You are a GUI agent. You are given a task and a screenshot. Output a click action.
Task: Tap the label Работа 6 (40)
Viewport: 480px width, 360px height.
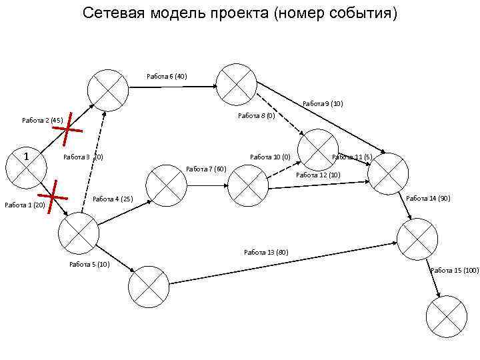pyautogui.click(x=167, y=76)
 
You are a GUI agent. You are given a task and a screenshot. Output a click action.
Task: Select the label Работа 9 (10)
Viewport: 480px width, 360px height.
pyautogui.click(x=323, y=103)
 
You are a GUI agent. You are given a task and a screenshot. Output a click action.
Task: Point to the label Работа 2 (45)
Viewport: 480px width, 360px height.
pyautogui.click(x=43, y=121)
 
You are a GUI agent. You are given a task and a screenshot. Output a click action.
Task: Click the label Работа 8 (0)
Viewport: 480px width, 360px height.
pyautogui.click(x=257, y=116)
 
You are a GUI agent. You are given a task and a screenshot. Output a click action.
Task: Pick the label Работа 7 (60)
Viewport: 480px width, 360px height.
pyautogui.click(x=207, y=169)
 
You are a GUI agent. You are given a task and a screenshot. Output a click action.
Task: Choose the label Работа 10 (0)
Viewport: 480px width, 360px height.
pyautogui.click(x=270, y=157)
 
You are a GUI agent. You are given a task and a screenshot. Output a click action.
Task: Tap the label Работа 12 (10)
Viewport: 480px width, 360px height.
pyautogui.click(x=318, y=175)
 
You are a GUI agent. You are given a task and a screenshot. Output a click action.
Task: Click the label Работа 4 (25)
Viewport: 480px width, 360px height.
pyautogui.click(x=113, y=199)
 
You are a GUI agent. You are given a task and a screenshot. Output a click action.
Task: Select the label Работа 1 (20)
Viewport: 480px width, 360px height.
pyautogui.click(x=25, y=205)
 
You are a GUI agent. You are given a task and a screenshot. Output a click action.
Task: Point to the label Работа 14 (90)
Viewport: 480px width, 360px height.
pyautogui.click(x=428, y=199)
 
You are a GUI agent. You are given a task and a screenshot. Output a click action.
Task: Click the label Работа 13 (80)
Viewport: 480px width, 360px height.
pyautogui.click(x=266, y=252)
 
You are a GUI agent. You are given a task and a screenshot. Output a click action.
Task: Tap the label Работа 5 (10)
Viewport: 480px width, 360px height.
pyautogui.click(x=90, y=264)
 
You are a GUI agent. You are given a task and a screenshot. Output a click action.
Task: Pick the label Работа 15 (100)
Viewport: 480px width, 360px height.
pyautogui.click(x=455, y=270)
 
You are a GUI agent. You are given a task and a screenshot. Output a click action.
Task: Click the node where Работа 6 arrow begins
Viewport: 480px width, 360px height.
pyautogui.click(x=109, y=90)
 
